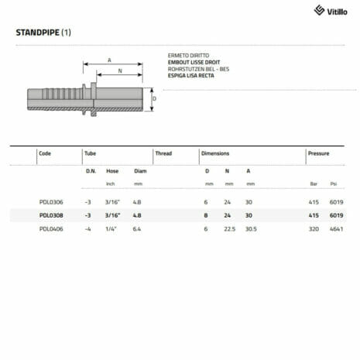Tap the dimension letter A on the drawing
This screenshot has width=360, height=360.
coord(111,60)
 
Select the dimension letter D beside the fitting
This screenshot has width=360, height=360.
coord(154,99)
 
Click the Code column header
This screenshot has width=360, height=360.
coord(45,153)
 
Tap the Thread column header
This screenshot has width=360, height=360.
coord(163,153)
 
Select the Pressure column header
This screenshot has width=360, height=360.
coord(318,153)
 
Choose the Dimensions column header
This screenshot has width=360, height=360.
coord(215,153)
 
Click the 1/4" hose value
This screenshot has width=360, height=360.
coord(111,229)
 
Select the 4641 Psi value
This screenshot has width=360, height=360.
coord(335,229)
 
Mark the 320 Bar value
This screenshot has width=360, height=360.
coord(314,229)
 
